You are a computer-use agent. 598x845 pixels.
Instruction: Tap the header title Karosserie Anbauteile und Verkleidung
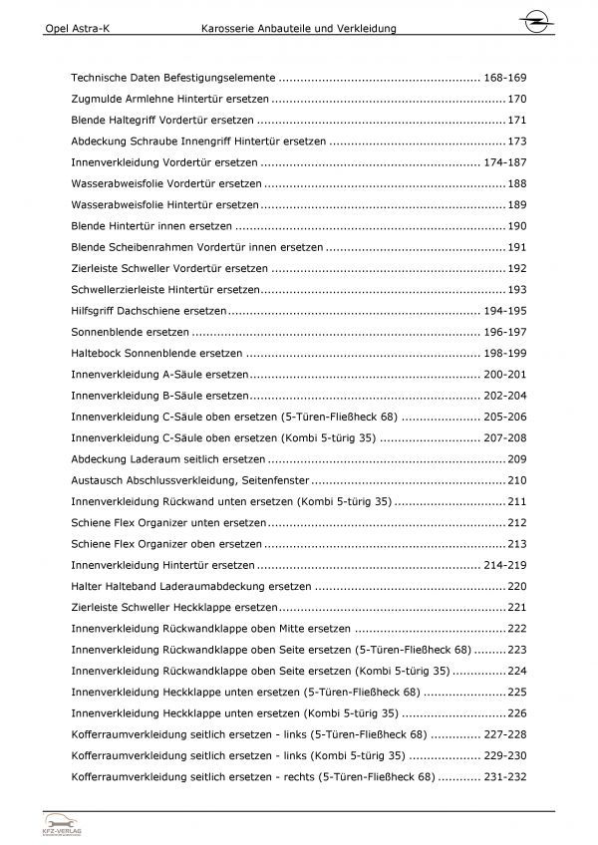click(297, 29)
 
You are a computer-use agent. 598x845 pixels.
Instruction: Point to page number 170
click(516, 100)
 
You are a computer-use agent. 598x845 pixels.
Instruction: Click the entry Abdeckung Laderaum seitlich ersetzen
click(168, 459)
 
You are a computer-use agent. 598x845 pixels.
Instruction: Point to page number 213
click(516, 544)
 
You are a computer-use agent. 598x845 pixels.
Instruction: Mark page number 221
click(516, 607)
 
